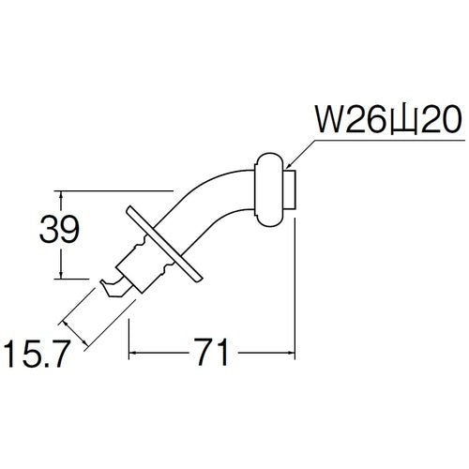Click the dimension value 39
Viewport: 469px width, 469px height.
(59, 230)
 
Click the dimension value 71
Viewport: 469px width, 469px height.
(212, 352)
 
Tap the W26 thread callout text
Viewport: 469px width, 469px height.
(388, 120)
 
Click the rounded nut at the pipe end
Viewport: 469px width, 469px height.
(269, 189)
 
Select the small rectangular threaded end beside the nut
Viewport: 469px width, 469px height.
(291, 189)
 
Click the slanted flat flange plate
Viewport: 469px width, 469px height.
(165, 245)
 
